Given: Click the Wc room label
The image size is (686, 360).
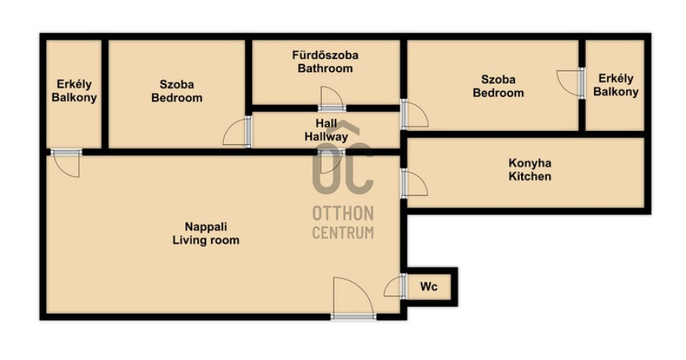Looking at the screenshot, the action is coord(428,287).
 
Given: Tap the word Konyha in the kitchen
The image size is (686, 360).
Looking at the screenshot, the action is coord(529,163).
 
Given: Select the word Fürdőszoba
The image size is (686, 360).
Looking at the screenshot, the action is coord(325,55).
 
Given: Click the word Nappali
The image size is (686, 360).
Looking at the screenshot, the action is coord(206,227).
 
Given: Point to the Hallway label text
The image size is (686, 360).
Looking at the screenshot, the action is coord(326,137).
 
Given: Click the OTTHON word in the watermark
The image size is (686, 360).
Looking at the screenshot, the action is coord(343,214).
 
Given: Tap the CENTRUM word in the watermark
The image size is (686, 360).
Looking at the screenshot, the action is coord(343,233).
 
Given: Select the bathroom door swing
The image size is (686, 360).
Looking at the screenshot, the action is coord(332,98).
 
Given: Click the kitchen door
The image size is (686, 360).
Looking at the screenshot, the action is coord(414,183).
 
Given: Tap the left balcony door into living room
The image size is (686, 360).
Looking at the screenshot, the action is coord(66,163).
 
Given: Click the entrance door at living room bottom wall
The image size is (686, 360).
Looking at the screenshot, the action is coord(353,298).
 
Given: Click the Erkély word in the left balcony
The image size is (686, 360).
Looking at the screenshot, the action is coord(74,84).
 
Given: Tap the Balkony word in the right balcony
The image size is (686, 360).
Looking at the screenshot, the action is coord(616,92).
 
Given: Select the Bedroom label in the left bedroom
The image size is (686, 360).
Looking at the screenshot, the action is coord(177,97).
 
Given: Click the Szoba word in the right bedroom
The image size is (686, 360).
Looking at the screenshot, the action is coord(498,80).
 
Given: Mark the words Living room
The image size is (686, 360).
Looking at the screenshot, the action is coord(206,240).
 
